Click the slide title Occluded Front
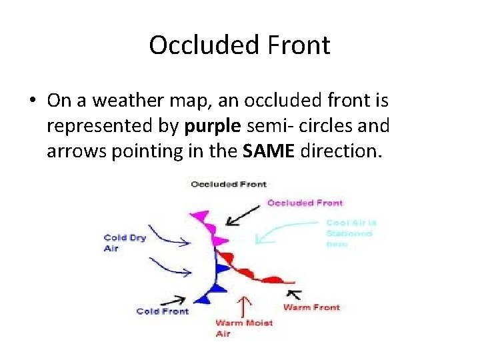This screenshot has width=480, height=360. (x=239, y=45)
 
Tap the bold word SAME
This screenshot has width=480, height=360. (x=269, y=151)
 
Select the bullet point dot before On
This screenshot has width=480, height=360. (x=32, y=101)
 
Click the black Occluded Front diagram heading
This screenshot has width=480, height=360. (x=228, y=184)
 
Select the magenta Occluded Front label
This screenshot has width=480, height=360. (x=305, y=203)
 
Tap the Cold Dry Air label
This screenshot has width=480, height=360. (x=124, y=243)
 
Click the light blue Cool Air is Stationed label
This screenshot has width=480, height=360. (x=351, y=233)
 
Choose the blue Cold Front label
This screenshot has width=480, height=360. (x=162, y=311)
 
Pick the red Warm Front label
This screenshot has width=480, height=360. (x=311, y=307)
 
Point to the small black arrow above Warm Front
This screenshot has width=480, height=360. (x=294, y=293)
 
